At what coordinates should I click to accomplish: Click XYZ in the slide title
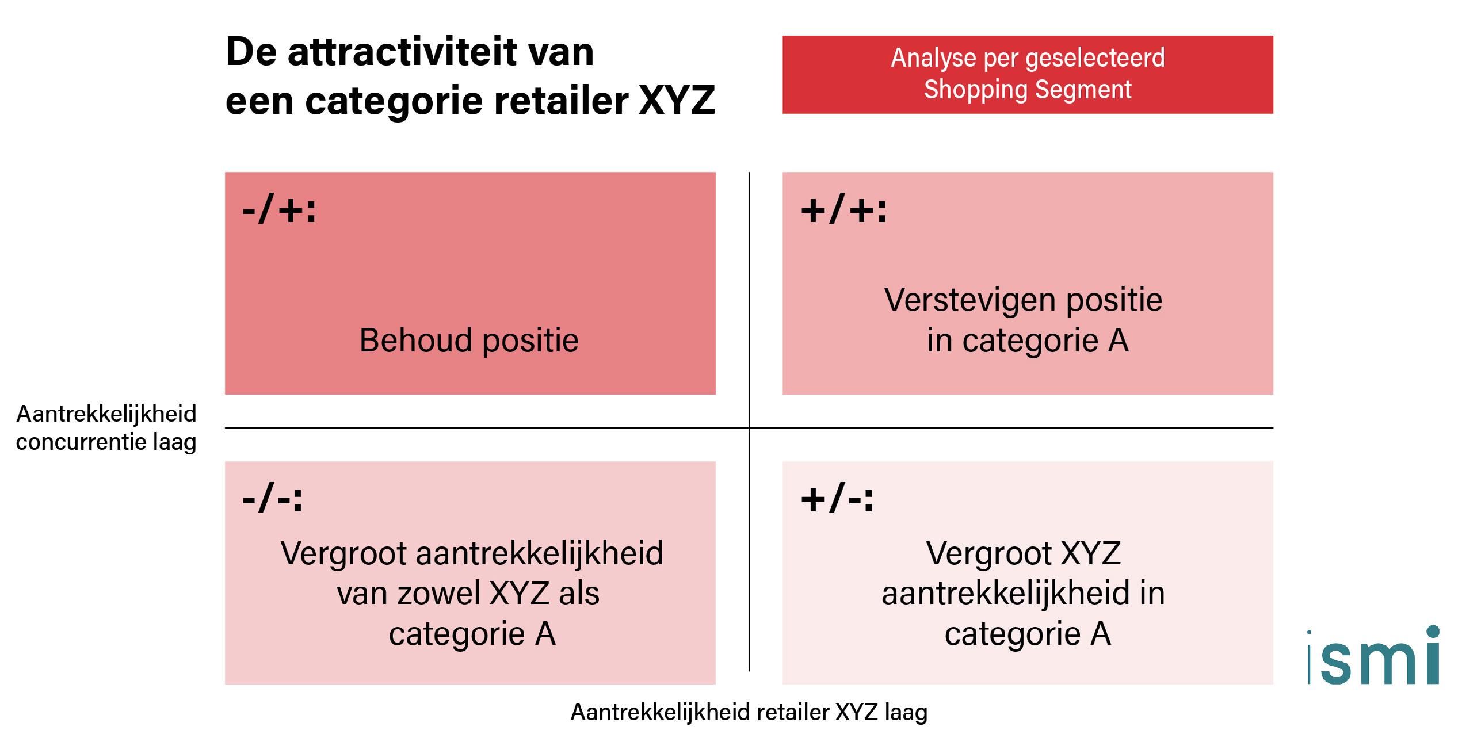677,101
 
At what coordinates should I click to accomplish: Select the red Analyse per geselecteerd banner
1028,74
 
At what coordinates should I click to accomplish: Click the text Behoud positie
469,340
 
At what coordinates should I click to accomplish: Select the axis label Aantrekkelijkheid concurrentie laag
106,428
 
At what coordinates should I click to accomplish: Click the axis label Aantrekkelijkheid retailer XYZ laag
749,712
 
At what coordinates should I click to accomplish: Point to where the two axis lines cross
749,428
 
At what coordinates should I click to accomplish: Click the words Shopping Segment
1028,90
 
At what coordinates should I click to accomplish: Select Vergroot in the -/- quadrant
344,553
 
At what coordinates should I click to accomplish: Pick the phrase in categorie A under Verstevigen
1028,341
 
